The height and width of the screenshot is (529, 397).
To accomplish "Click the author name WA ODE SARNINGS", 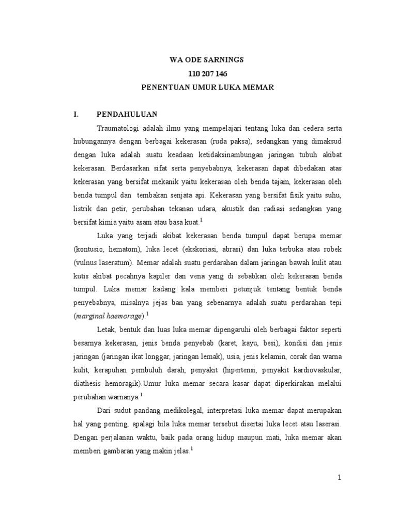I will click(x=207, y=60).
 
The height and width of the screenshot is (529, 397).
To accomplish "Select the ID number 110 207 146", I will click(x=207, y=74).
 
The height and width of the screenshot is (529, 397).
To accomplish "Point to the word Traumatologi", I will click(x=119, y=127).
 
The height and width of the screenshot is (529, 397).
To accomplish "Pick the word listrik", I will click(x=84, y=208).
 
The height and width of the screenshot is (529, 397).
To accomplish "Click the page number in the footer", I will click(x=340, y=478).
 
